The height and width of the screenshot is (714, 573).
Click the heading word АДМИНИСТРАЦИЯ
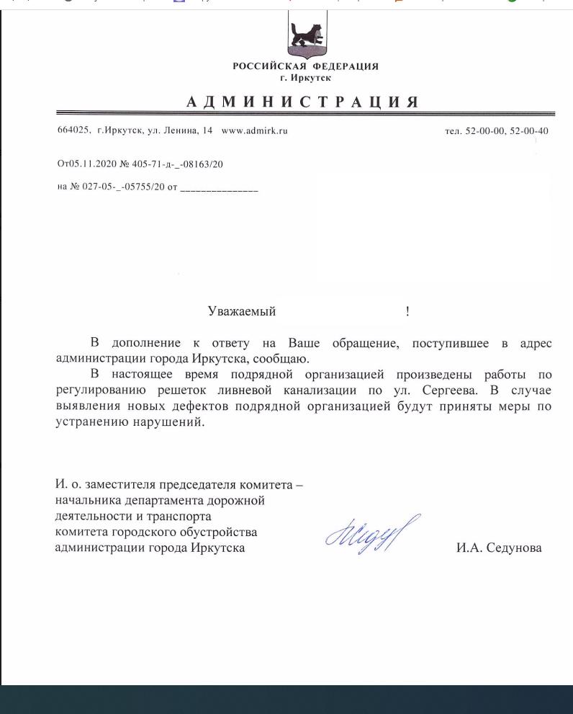[302, 102]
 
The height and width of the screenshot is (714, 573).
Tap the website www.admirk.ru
[255, 131]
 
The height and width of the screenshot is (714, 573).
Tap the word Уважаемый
[241, 311]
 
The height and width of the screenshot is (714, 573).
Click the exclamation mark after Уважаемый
[407, 311]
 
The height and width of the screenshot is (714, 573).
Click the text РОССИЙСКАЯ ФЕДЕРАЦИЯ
[305, 67]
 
